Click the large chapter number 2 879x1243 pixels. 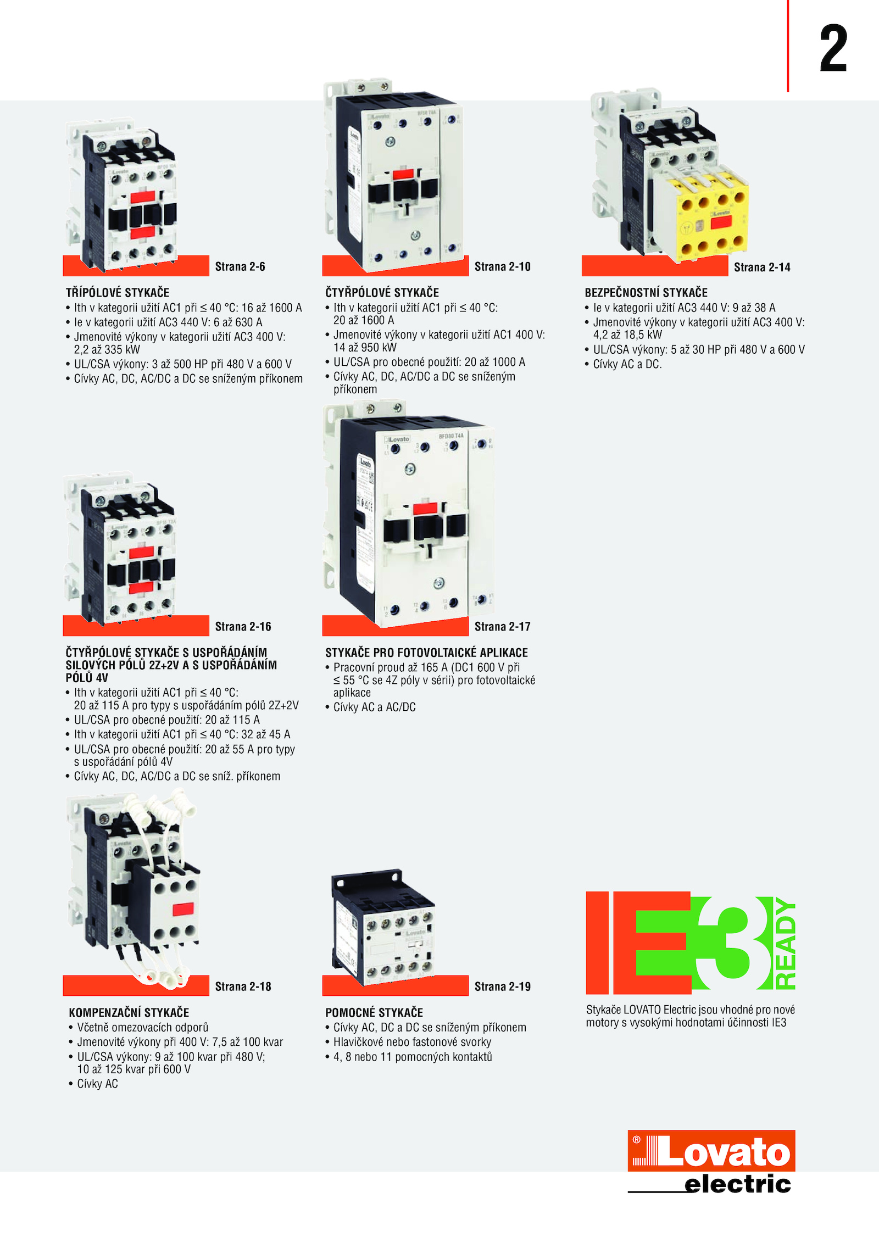[x=833, y=48]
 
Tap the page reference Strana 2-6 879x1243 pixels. [x=240, y=266]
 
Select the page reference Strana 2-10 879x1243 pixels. [x=503, y=266]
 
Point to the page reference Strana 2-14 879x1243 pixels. [x=762, y=267]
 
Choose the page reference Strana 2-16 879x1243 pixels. [x=243, y=626]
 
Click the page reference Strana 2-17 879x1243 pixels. [x=503, y=626]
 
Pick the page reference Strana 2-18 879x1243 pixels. [x=243, y=986]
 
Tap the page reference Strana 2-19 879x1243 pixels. [x=503, y=986]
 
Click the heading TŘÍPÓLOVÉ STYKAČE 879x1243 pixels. [x=118, y=292]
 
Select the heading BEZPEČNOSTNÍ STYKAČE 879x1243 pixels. [x=646, y=292]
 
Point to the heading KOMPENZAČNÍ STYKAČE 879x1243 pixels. [x=129, y=1012]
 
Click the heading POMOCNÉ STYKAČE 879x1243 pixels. [x=374, y=1012]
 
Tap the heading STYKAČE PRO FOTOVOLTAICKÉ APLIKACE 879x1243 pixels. [x=426, y=653]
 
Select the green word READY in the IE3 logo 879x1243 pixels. [x=786, y=944]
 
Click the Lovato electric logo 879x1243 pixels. [x=711, y=1161]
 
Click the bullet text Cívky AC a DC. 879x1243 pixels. [x=627, y=364]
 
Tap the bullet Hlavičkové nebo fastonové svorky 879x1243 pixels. [x=412, y=1042]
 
